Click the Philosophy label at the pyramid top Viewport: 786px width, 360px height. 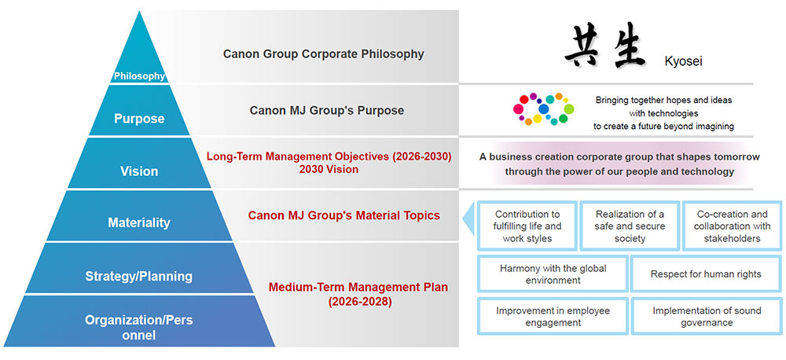pos(139,76)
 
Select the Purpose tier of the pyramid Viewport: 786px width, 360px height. pos(139,119)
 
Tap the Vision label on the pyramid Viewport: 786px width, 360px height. pos(139,171)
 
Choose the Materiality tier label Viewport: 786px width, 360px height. pos(139,222)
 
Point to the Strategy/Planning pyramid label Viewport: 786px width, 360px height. pos(139,276)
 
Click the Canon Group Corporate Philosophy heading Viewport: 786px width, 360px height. pos(323,54)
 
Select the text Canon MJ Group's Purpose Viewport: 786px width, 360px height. pos(327,110)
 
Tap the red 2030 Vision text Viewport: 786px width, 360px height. pos(329,169)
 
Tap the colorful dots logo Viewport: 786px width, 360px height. pos(540,109)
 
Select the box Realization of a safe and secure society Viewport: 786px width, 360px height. pos(630,226)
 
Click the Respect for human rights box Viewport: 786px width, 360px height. pos(706,274)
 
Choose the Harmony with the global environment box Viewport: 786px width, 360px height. pos(553,274)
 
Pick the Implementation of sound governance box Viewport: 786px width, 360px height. pos(706,317)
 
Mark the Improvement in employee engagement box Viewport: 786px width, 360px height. pos(553,317)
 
